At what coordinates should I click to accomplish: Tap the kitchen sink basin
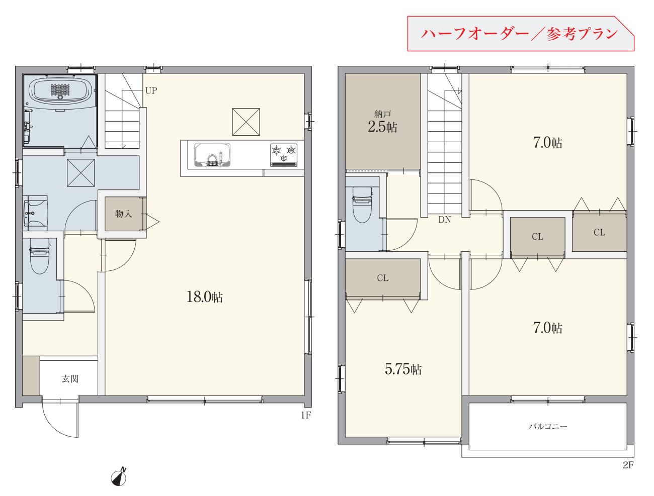[x=212, y=155]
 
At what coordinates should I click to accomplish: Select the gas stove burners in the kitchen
[x=283, y=155]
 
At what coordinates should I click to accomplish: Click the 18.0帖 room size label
[x=204, y=296]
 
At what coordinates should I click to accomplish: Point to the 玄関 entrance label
[x=70, y=379]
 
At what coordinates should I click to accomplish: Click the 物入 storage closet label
[x=123, y=214]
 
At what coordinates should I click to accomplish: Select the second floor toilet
[x=362, y=205]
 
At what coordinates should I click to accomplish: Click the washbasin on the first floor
[x=35, y=213]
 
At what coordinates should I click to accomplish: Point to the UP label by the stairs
[x=151, y=90]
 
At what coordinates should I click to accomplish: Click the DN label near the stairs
[x=445, y=220]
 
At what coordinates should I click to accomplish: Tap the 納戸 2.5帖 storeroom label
[x=382, y=122]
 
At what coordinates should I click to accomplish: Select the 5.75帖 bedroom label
[x=403, y=369]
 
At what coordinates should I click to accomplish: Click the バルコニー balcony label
[x=548, y=426]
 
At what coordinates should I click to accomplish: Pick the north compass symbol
[x=119, y=477]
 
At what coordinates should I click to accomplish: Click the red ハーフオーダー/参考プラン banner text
[x=519, y=34]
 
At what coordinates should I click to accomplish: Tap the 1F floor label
[x=306, y=415]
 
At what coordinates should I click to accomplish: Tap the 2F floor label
[x=628, y=465]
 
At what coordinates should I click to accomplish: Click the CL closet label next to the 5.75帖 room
[x=382, y=278]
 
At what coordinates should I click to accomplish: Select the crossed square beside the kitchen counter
[x=246, y=122]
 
